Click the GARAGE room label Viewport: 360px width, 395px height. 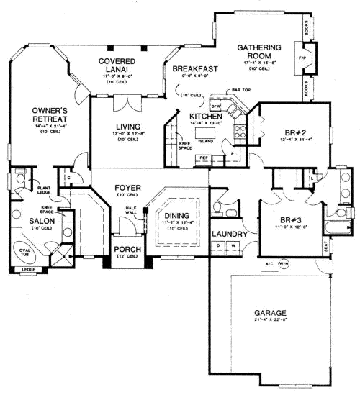(x=271, y=313)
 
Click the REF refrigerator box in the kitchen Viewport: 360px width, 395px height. (x=203, y=156)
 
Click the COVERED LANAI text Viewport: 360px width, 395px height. (x=117, y=66)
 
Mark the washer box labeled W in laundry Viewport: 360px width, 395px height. (x=233, y=246)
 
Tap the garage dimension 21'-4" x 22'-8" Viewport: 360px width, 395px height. (x=271, y=322)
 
